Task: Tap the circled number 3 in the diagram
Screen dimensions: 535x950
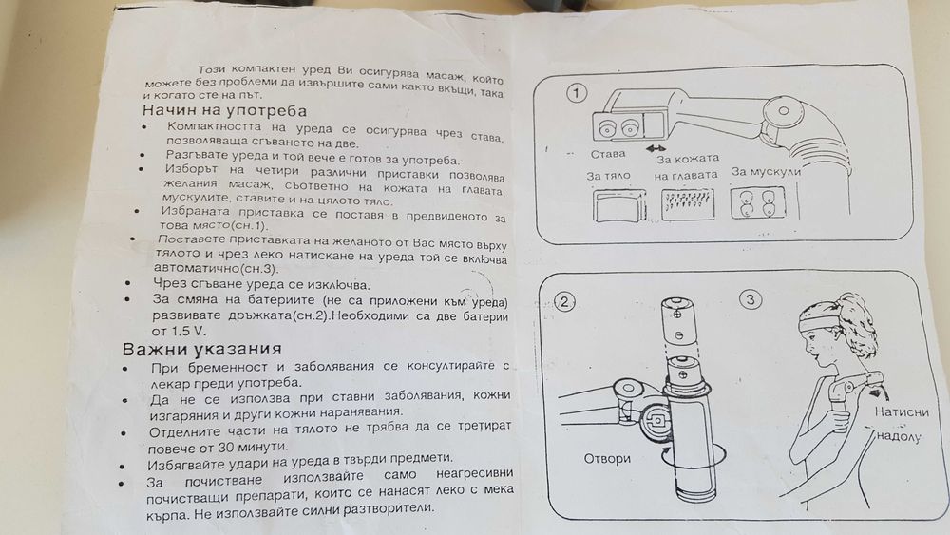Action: [x=750, y=300]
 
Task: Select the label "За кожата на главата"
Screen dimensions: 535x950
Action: [x=686, y=167]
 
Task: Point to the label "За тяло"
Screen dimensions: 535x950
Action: [x=610, y=177]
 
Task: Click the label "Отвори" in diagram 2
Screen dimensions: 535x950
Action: [x=606, y=458]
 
